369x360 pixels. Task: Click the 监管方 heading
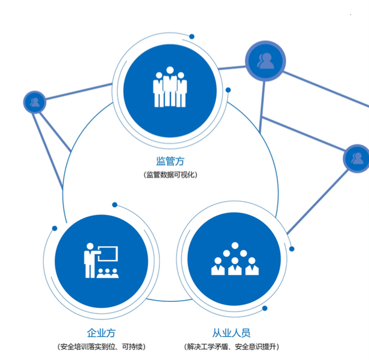click(x=170, y=161)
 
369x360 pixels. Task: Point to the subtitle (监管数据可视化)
click(x=170, y=175)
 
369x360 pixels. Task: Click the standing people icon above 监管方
click(x=170, y=89)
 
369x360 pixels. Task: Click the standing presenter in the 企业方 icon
click(x=89, y=259)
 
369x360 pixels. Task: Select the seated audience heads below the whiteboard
click(x=107, y=273)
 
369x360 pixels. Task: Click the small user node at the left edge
click(x=34, y=102)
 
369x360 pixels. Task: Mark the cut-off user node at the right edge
click(x=358, y=158)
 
